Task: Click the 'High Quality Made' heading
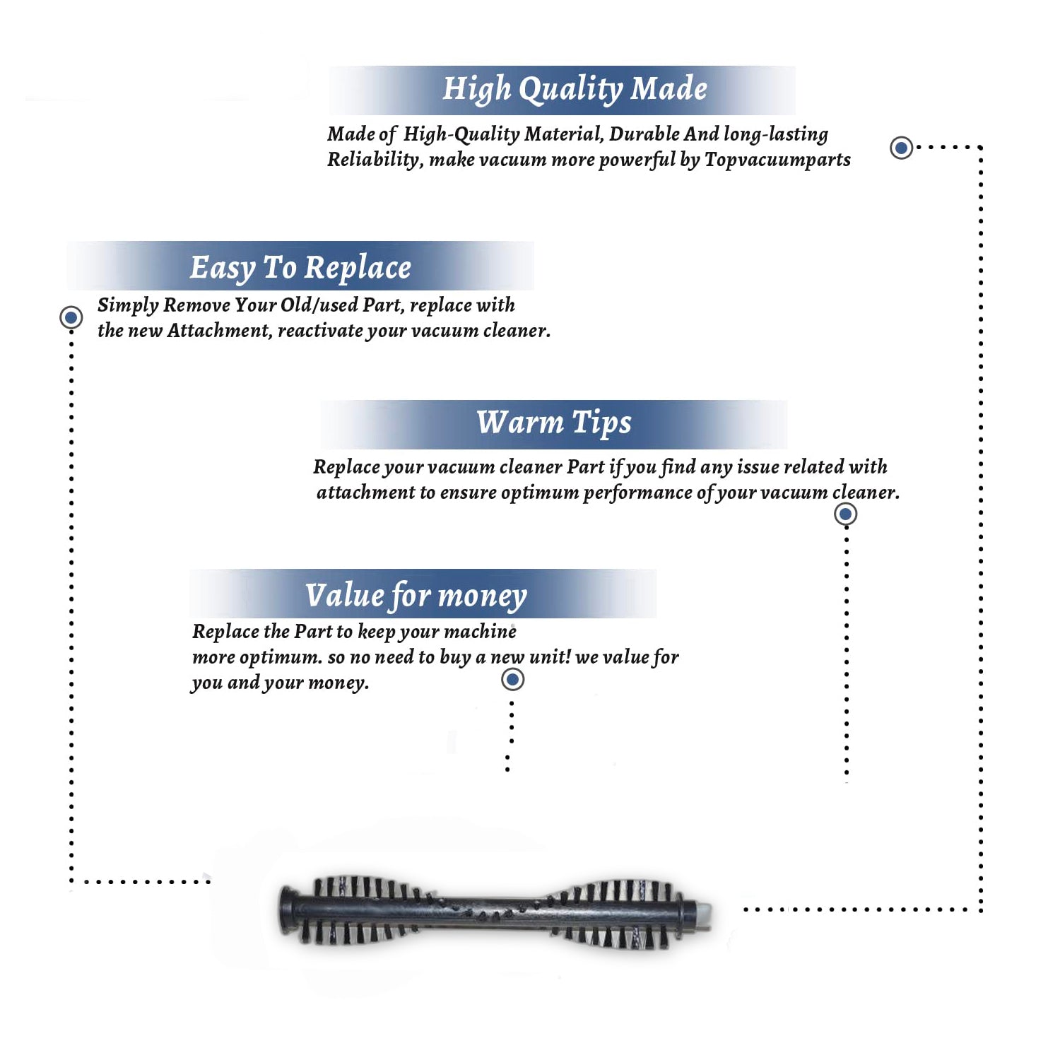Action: (575, 90)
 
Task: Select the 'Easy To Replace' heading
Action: (300, 269)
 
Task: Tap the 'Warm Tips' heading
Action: (553, 423)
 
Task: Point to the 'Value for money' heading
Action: (416, 596)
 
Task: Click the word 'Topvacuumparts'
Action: (777, 160)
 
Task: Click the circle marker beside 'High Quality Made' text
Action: (901, 148)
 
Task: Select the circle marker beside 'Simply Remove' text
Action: (71, 317)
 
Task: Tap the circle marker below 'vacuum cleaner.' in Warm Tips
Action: (845, 514)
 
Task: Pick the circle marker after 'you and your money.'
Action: (512, 680)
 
